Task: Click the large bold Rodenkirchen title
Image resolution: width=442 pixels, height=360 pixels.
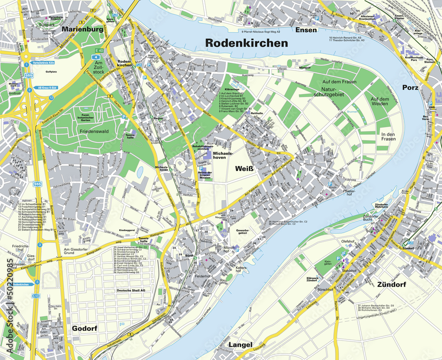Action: (247, 43)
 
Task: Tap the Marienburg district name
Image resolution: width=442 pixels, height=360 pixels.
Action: (83, 30)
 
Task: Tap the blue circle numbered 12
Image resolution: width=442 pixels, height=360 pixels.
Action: (51, 97)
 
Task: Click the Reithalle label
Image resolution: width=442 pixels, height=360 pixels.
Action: (257, 113)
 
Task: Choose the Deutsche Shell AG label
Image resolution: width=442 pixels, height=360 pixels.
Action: (130, 290)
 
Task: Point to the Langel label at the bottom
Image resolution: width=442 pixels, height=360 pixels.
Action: (240, 345)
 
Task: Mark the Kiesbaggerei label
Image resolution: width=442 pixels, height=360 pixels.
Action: (127, 230)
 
